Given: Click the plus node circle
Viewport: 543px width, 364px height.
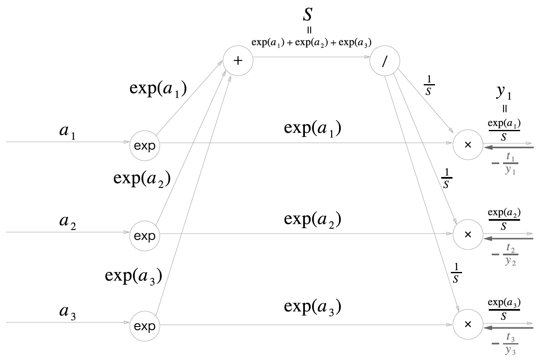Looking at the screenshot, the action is point(238,61).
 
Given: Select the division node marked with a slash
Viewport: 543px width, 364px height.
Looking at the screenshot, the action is point(385,61).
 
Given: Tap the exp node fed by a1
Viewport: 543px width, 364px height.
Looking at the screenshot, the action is point(145,146).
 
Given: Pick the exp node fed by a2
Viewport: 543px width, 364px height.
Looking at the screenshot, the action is point(145,236).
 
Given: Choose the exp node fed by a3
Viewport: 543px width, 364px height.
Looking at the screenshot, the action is point(145,325).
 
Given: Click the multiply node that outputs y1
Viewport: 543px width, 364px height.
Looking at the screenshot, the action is point(468,144).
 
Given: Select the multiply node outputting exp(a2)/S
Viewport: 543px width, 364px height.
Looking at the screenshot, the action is point(468,234).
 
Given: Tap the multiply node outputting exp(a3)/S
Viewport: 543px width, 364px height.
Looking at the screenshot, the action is point(468,324).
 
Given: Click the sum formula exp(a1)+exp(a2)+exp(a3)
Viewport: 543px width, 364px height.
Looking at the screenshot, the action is point(311,42).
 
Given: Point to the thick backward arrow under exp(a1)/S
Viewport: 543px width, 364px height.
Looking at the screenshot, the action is point(508,147).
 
